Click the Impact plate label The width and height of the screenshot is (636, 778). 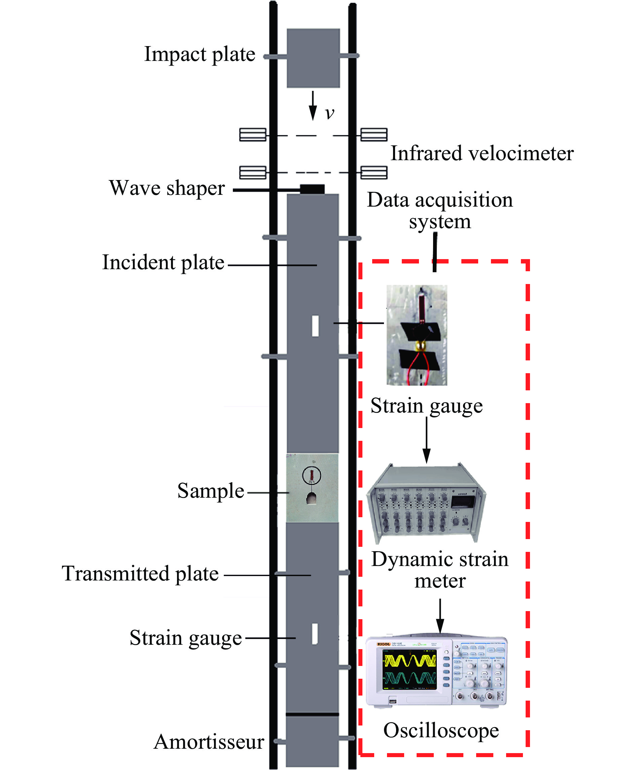point(199,55)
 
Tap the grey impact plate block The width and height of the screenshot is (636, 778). point(313,58)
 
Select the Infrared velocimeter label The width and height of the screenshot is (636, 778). point(482,153)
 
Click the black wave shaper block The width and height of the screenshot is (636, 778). point(312,189)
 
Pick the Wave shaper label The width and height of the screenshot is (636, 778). point(167,188)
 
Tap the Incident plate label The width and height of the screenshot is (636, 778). point(163,262)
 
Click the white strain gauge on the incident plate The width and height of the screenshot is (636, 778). point(315,325)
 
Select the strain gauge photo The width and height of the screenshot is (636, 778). point(417,335)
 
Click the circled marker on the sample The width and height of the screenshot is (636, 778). point(311,475)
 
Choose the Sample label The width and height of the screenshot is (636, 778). point(211,491)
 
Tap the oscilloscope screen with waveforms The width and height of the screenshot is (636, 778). point(409,670)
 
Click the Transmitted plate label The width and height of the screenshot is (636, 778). point(140,574)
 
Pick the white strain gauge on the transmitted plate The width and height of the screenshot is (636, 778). point(314,633)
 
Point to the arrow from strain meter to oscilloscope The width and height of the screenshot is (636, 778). point(440,616)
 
